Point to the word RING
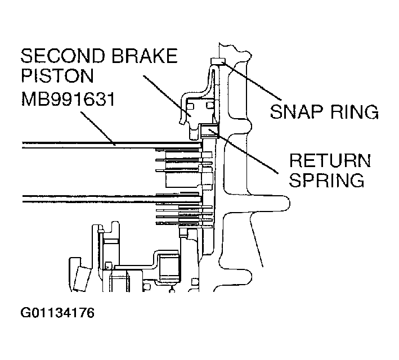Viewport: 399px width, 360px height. click(352, 111)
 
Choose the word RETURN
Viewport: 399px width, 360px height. click(329, 161)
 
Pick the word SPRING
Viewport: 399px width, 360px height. click(326, 181)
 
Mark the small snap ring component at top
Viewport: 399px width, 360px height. click(217, 61)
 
